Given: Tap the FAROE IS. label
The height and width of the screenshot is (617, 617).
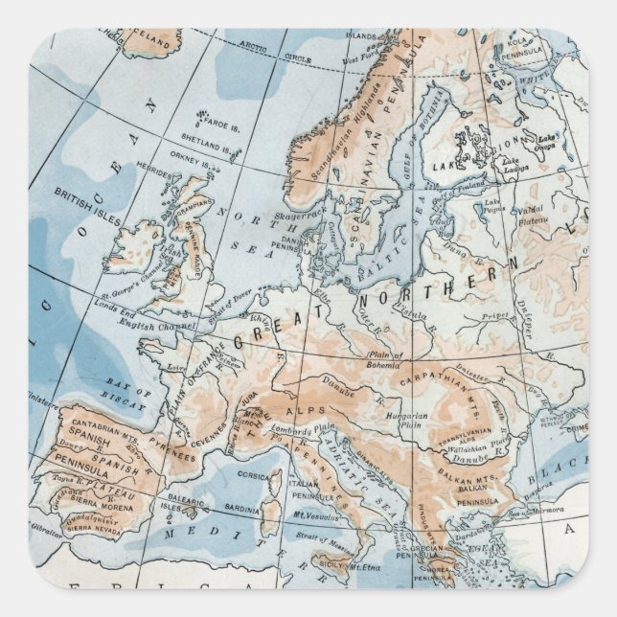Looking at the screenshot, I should (x=223, y=122).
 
